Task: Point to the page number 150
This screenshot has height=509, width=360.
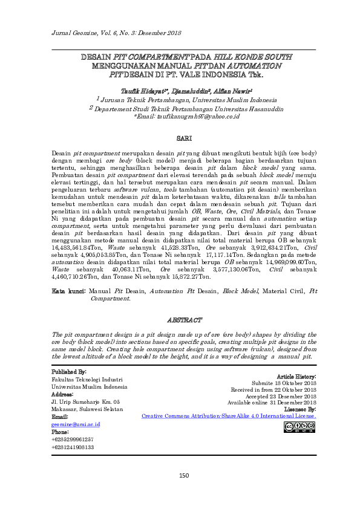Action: [x=184, y=475]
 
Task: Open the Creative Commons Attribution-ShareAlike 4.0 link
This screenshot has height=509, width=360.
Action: [x=228, y=417]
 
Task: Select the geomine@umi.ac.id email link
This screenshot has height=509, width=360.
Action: [x=76, y=425]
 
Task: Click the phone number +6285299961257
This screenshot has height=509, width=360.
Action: [x=73, y=439]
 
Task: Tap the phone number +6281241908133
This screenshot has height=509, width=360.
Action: [x=73, y=447]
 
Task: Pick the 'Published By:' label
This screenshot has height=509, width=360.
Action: [x=69, y=371]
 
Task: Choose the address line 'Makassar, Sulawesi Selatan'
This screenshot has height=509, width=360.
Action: [x=87, y=409]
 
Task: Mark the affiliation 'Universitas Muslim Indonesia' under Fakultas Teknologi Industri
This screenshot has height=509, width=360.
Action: [x=89, y=386]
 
